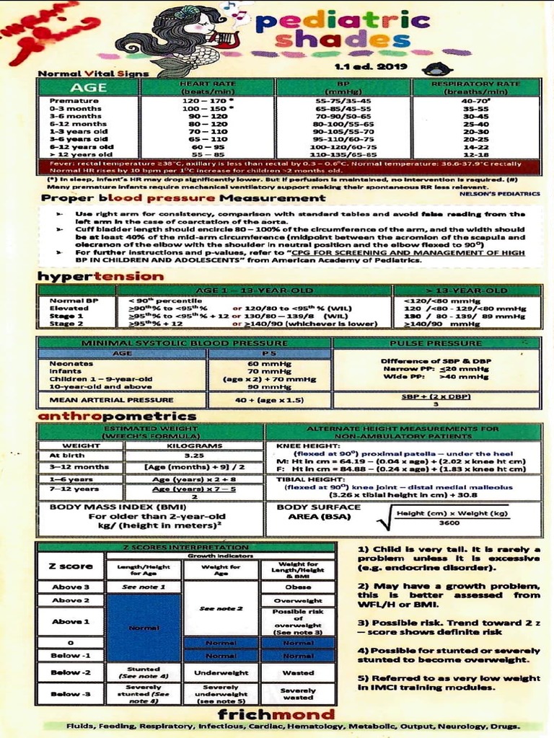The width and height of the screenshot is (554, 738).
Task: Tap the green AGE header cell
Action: [88, 87]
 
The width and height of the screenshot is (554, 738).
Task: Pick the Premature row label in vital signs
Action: [74, 101]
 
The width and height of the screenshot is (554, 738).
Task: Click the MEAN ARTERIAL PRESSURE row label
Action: [111, 399]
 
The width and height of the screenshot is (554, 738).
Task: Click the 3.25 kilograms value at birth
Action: [193, 455]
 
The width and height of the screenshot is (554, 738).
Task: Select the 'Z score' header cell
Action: [70, 566]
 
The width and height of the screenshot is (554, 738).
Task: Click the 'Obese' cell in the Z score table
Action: [298, 587]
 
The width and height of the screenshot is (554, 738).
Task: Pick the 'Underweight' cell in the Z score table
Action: [221, 672]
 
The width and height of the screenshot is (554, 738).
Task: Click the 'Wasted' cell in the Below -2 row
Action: [298, 672]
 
